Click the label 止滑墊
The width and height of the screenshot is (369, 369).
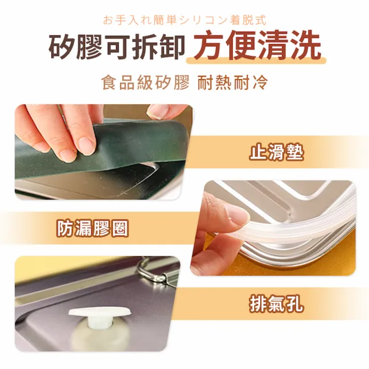276,152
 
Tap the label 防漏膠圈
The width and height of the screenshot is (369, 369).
93,228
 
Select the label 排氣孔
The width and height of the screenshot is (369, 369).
276,304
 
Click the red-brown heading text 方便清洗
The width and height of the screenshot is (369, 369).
257,46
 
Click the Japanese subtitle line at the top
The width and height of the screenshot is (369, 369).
184,20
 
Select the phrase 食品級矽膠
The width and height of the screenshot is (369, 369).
145,82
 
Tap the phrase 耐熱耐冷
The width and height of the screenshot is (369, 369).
232,82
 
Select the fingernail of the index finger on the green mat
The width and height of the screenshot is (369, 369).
86,145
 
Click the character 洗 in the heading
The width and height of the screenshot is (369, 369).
306,46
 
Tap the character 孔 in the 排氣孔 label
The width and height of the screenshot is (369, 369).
295,304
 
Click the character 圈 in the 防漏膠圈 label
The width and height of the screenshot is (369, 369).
120,228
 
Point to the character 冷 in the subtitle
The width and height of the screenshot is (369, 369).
261,82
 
